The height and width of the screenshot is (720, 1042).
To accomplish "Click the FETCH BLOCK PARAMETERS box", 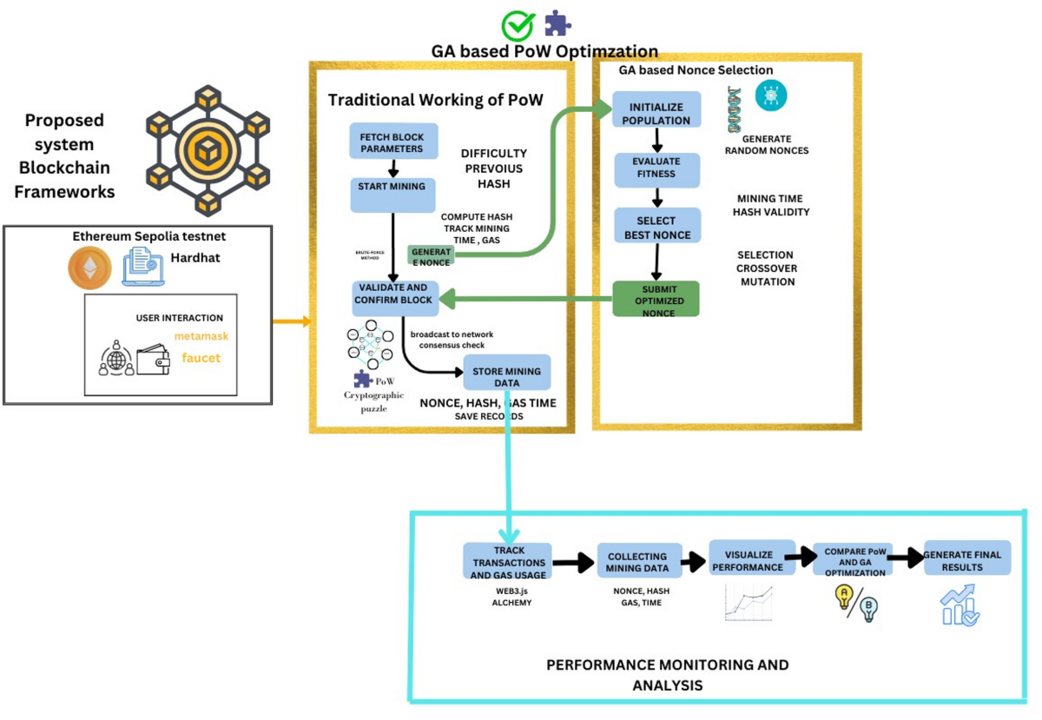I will [x=392, y=141].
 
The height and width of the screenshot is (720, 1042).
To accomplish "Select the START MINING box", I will [x=392, y=194].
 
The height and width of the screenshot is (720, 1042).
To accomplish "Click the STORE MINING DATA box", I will [x=506, y=376].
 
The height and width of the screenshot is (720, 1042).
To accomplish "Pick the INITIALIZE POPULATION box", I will [x=656, y=113].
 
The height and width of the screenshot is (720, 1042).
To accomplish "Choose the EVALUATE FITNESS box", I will [x=656, y=168].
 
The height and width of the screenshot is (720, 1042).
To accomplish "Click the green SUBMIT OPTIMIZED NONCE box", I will [x=656, y=300].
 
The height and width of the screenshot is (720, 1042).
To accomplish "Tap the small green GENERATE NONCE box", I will [x=431, y=254].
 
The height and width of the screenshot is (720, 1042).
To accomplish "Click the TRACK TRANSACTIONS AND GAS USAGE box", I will [x=508, y=562].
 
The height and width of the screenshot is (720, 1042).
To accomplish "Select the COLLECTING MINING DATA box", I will [x=637, y=563].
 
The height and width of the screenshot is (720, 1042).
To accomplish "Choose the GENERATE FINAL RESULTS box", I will [x=966, y=560].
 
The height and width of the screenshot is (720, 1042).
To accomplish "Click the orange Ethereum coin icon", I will [x=90, y=268].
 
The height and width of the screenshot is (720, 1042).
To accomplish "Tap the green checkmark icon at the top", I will [x=518, y=25].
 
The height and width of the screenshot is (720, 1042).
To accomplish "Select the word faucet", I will [x=201, y=357].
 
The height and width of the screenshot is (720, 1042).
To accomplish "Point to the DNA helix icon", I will [x=735, y=109].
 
